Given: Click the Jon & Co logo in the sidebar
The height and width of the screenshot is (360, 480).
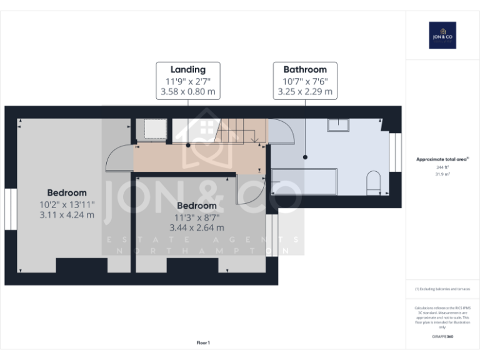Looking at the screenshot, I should [x=442, y=36].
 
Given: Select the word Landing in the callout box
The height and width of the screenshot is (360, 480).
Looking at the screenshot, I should [x=187, y=69].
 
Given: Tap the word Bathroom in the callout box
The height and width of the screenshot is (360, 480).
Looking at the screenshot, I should [x=305, y=69].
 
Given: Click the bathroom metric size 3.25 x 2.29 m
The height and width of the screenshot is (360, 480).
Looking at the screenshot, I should [x=305, y=91].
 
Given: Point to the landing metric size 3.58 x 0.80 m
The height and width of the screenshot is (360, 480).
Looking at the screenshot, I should [x=187, y=91].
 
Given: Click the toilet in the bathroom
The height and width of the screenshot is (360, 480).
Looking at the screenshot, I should [x=373, y=181].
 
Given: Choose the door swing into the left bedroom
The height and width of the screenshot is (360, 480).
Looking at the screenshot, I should [x=119, y=158].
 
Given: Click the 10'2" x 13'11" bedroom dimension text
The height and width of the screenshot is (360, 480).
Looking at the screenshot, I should [x=67, y=204].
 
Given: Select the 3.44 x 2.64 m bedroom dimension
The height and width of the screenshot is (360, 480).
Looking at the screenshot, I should [x=196, y=227].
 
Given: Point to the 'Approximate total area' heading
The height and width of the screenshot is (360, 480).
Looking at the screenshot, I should [x=442, y=159].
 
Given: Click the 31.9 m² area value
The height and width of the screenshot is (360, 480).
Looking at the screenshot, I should [x=442, y=174].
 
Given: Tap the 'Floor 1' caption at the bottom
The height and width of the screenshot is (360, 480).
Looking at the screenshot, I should [x=203, y=342].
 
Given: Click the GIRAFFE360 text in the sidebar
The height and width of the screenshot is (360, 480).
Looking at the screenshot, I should [x=442, y=337].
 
